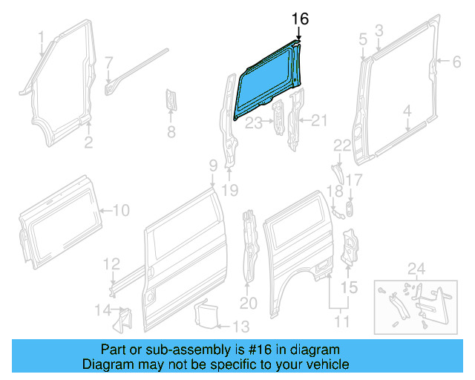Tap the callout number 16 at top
click(299, 19)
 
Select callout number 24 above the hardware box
click(416, 267)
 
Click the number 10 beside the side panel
click(120, 210)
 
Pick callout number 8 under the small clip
click(171, 134)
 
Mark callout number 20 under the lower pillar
click(247, 303)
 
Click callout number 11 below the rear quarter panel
click(342, 321)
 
